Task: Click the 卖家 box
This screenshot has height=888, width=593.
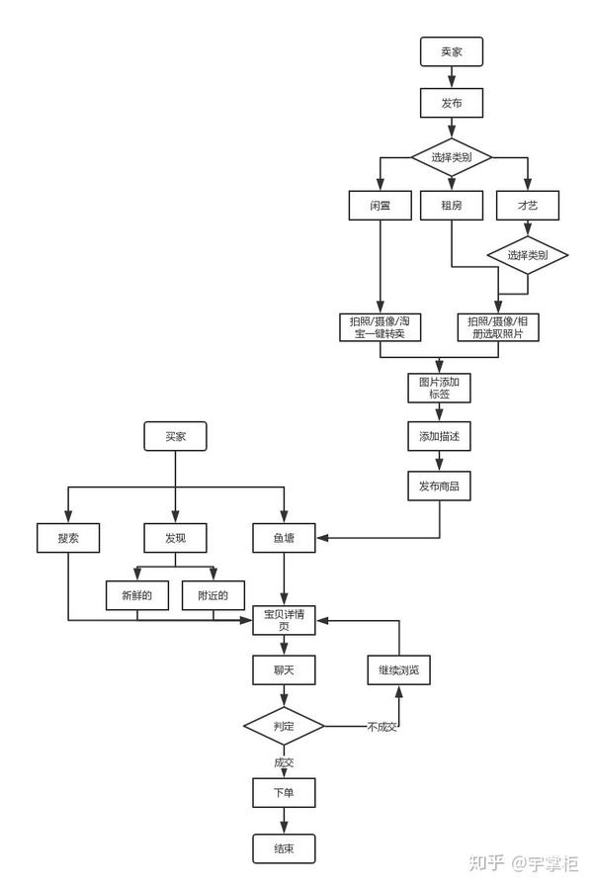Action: click(452, 52)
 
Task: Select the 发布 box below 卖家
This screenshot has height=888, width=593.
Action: click(452, 102)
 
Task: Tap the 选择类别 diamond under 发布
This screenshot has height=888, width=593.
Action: click(452, 157)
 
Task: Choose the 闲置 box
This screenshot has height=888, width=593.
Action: click(380, 205)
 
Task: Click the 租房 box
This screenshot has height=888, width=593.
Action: click(452, 205)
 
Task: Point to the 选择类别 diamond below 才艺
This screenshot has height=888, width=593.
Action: click(527, 255)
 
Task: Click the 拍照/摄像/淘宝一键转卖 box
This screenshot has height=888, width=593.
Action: click(380, 327)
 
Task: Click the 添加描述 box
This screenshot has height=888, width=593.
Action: click(439, 436)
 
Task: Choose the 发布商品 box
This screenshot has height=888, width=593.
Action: click(439, 486)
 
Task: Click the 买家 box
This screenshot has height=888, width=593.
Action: click(175, 436)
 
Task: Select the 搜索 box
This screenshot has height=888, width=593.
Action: click(68, 539)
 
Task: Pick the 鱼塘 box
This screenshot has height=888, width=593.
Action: click(284, 539)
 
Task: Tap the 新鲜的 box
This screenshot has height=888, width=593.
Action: click(137, 595)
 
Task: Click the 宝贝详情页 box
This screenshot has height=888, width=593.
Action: click(284, 620)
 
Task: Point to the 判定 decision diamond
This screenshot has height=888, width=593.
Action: click(284, 727)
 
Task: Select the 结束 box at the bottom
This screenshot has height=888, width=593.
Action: click(284, 848)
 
